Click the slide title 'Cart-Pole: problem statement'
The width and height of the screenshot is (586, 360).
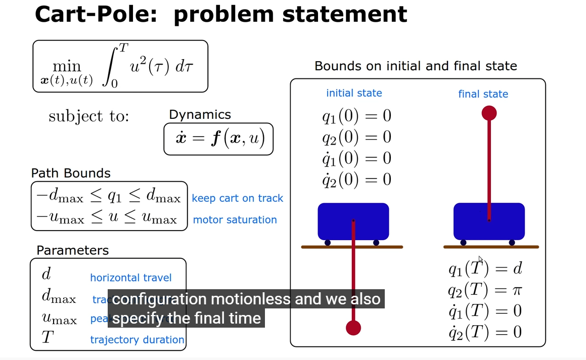pos(220,15)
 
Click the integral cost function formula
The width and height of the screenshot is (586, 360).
pos(120,66)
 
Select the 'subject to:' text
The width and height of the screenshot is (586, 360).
pos(89,117)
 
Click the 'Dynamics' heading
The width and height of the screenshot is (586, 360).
pos(200,115)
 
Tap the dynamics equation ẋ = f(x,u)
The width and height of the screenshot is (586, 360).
pos(218,138)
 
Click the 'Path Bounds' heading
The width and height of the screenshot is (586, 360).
pos(71,173)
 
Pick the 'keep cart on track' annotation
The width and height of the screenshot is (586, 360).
pos(237,198)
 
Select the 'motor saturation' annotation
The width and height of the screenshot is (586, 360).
pos(235,220)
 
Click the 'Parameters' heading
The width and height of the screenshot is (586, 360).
pos(72,250)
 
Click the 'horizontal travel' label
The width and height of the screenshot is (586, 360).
pos(130,278)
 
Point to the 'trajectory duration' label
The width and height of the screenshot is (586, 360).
pos(137,340)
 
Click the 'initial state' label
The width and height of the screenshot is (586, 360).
pos(354,93)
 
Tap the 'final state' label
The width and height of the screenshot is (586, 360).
pos(483,94)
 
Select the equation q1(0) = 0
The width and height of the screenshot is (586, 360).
pos(356,116)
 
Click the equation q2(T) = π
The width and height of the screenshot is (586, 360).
pos(484,290)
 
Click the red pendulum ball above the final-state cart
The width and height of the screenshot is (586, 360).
pos(489,113)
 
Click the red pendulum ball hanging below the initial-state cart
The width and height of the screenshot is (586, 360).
pos(353,328)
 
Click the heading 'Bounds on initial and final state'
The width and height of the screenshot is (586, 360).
pos(416,66)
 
